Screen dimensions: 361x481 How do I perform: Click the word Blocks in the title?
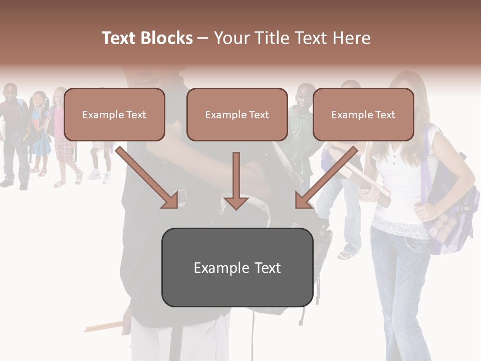(166, 38)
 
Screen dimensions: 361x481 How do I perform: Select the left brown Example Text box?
(114, 114)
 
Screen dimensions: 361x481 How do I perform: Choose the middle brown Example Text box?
(237, 114)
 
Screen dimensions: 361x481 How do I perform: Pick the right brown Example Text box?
(363, 114)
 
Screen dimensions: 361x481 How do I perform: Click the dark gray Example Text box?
(237, 267)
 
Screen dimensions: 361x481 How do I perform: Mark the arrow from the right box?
(326, 178)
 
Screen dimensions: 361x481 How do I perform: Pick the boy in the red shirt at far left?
(11, 130)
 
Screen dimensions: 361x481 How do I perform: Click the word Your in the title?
(231, 38)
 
